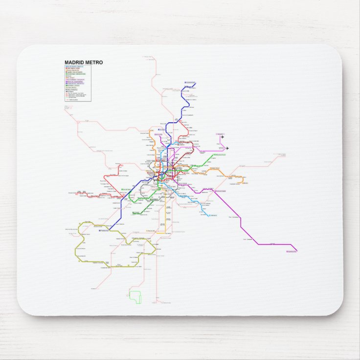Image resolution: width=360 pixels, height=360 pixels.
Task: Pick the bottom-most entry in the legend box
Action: point(73,100)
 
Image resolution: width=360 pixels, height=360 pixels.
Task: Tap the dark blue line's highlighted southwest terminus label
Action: point(104,230)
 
